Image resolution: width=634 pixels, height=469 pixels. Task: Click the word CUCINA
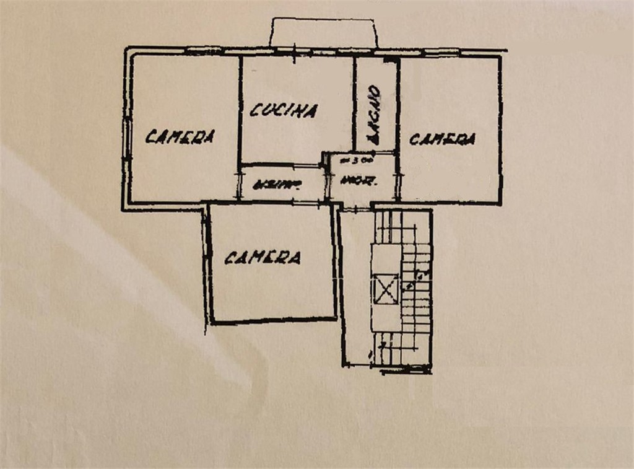pos(284,110)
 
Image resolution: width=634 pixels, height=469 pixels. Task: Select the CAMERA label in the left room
pos(180,136)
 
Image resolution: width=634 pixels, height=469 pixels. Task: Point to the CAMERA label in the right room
pos(442,139)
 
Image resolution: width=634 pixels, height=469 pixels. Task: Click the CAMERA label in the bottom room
pos(263,257)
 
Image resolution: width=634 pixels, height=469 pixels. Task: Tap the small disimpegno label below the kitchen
pos(275,183)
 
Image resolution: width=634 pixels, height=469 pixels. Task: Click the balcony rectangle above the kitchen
pos(323,32)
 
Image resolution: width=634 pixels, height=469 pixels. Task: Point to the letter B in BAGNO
pos(373,139)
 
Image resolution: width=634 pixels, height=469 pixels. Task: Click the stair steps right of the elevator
pos(415,291)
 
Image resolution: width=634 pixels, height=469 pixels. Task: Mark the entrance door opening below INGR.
pos(355,209)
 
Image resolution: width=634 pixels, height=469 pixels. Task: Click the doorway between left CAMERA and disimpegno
pos(239,184)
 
